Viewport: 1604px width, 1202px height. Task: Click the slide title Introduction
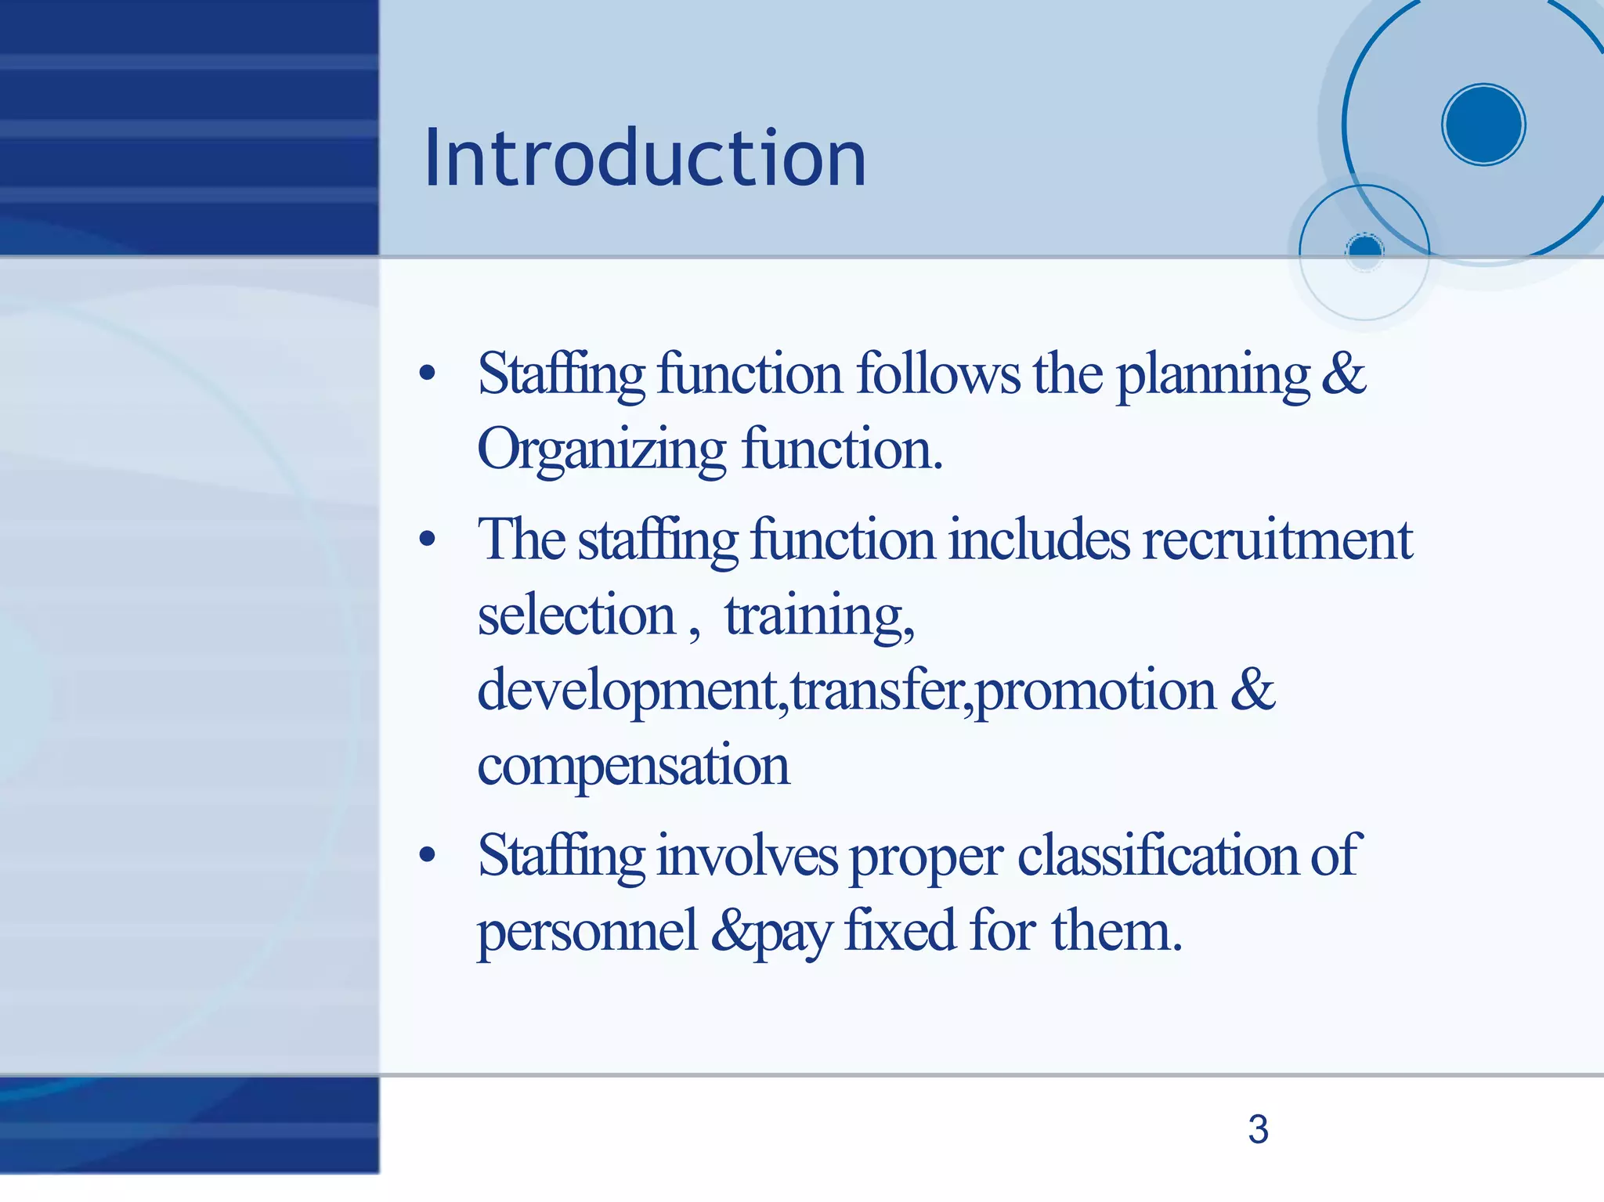tap(645, 159)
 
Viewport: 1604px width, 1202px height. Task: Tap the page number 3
tap(1258, 1129)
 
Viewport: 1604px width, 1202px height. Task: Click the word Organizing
tap(601, 452)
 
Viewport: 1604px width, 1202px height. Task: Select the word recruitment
tap(1277, 540)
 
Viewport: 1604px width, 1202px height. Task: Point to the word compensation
tap(633, 765)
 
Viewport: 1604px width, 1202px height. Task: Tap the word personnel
tap(587, 932)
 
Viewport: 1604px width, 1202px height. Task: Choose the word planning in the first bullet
tap(1212, 376)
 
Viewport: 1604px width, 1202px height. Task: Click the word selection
tap(576, 615)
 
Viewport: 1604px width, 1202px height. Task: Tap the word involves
tap(747, 855)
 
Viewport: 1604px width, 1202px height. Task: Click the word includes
tap(1039, 540)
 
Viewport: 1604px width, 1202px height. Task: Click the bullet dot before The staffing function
tap(427, 540)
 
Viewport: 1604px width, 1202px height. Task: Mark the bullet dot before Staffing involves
tap(427, 855)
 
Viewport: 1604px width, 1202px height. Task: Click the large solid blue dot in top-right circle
tap(1483, 125)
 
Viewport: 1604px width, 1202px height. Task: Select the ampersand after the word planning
tap(1343, 374)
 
